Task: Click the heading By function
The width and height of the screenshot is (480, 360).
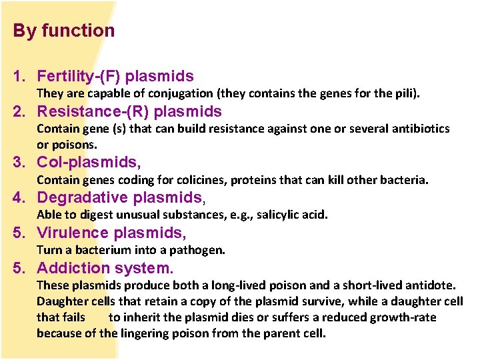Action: tap(64, 31)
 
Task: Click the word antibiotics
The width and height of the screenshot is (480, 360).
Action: tap(419, 129)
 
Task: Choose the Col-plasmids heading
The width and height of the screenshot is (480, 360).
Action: tap(89, 163)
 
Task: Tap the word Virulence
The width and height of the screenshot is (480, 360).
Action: tap(73, 233)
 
